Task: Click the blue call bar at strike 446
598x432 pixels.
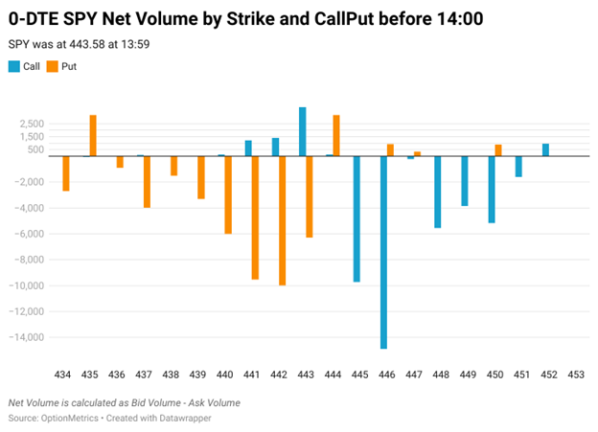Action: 383,252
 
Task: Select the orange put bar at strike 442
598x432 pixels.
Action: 283,220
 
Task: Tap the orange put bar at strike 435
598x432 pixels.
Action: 93,135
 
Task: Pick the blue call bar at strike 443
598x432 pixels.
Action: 303,131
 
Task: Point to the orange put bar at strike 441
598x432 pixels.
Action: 256,217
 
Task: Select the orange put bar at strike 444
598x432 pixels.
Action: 336,135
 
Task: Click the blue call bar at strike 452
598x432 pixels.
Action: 545,149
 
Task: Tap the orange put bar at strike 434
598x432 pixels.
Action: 66,173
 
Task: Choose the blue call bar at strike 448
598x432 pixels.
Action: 437,192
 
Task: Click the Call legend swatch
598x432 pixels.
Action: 14,66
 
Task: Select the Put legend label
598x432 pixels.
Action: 69,66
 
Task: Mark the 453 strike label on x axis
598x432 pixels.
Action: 574,374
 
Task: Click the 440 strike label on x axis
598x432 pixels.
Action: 225,374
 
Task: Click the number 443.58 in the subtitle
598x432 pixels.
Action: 83,44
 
